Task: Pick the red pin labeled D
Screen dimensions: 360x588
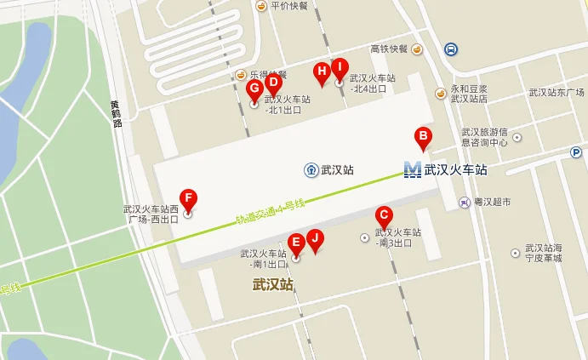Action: pos(273,83)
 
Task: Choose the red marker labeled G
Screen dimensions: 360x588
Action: pos(254,89)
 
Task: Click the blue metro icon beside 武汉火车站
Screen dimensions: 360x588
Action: pos(413,169)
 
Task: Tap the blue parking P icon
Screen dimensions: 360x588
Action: pos(576,152)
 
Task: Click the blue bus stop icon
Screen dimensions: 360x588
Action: pos(449,49)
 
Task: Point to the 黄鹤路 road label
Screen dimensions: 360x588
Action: pos(117,113)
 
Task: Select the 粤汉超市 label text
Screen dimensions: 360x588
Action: pos(492,203)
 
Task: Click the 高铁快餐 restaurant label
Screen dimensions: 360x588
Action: pos(389,49)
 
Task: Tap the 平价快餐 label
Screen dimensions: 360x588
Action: pos(288,6)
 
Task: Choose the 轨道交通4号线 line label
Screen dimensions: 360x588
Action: pos(270,211)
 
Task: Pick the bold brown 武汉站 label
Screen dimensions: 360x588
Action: pos(272,284)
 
